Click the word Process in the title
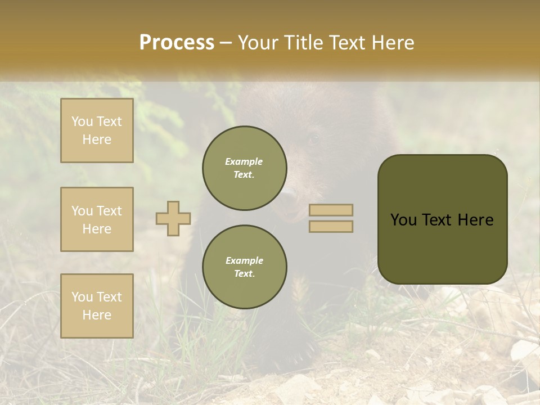tap(177, 43)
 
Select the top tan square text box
tap(97, 130)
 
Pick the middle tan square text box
tap(97, 219)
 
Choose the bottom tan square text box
tap(97, 305)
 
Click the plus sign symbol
tap(173, 218)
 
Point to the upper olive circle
tap(244, 168)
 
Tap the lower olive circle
tap(244, 267)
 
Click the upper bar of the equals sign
tap(331, 210)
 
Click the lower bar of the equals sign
tap(331, 226)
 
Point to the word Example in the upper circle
tap(244, 161)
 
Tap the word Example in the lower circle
tap(244, 260)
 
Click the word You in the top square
tap(82, 121)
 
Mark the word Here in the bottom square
tap(97, 315)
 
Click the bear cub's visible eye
tap(313, 139)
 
